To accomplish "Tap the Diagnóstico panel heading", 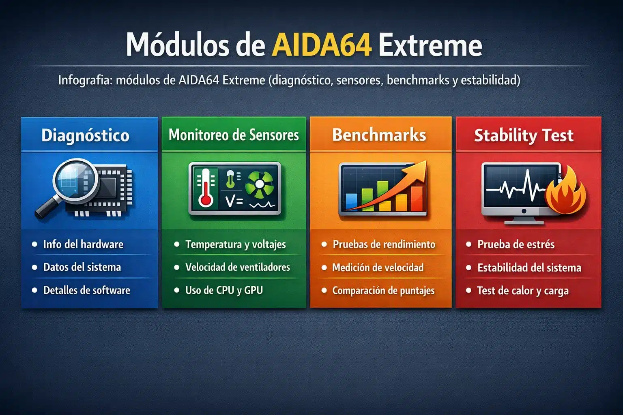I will (85, 135).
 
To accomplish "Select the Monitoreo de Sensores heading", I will (234, 135).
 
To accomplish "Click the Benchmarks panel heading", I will (379, 135).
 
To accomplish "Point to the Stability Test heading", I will (524, 135).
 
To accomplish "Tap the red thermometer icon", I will (206, 188).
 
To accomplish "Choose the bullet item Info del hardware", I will (83, 244).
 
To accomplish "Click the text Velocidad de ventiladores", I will (238, 267).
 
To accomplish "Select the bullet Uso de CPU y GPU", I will (224, 290).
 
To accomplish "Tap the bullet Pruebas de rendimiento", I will (384, 244).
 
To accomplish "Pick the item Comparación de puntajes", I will (383, 291).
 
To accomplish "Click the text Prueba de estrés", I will (516, 244).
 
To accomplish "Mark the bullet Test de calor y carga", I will (522, 291).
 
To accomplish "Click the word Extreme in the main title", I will (430, 45).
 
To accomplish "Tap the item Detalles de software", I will (87, 290).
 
